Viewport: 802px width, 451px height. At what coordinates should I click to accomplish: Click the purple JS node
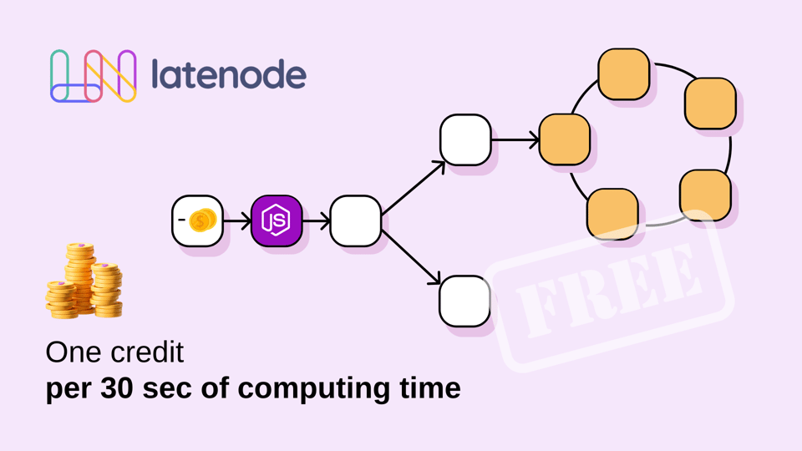277,220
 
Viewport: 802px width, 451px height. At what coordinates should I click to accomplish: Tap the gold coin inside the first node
202,220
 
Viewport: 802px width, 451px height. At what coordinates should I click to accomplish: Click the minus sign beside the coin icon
181,220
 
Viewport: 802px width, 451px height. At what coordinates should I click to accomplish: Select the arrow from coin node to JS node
236,220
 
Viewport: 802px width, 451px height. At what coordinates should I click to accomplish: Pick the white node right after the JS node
356,220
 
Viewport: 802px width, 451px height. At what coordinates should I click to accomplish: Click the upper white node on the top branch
465,139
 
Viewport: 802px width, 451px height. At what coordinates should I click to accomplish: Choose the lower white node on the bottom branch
465,302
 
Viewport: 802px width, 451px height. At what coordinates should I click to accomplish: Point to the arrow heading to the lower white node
411,257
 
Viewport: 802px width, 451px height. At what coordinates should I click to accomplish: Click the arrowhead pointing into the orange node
535,139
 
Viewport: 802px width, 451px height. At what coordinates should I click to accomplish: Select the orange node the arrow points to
565,139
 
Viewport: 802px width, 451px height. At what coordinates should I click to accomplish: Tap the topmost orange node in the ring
624,74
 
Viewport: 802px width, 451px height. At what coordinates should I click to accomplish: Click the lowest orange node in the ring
612,214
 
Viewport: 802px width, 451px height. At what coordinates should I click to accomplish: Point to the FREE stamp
610,290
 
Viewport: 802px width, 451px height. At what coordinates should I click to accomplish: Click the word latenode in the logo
229,74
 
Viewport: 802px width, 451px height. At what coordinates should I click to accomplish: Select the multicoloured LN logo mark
93,76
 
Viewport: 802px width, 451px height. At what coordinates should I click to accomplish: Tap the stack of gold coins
84,281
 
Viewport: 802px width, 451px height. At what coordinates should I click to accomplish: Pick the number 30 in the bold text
118,388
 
